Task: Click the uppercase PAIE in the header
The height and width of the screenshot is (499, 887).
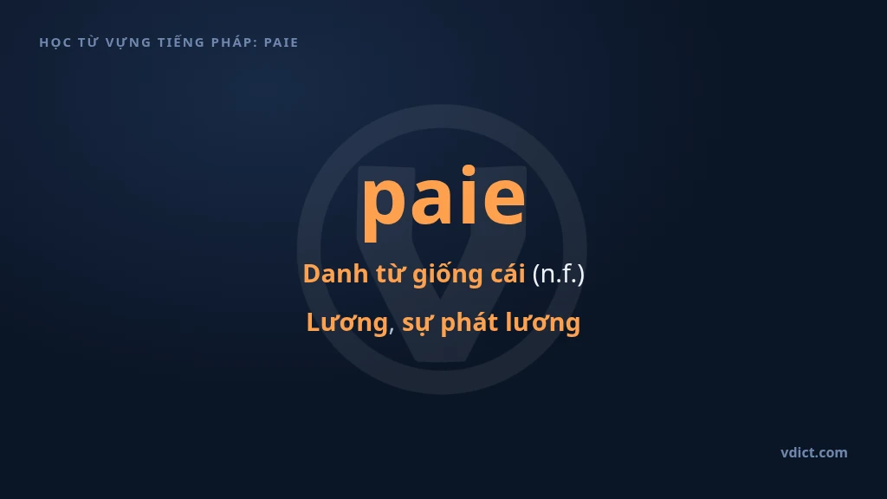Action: (x=282, y=42)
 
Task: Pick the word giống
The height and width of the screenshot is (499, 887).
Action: (x=444, y=275)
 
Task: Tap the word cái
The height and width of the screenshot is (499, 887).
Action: (x=508, y=274)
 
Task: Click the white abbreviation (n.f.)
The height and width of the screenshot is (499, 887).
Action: (x=559, y=275)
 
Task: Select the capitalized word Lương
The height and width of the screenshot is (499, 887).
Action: (x=347, y=322)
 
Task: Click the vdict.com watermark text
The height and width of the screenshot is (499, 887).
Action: (x=814, y=452)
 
